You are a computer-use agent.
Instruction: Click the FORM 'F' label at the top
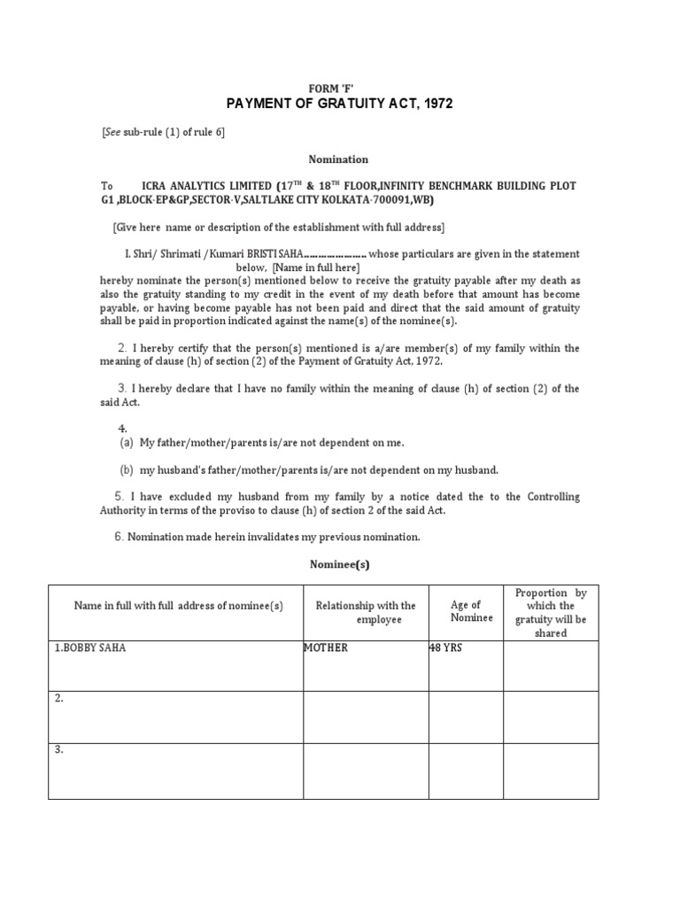[339, 89]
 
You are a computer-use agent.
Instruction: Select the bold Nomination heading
[338, 159]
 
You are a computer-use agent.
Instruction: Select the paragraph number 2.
[122, 348]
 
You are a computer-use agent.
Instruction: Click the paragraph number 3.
[122, 389]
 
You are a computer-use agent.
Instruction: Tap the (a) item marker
[127, 442]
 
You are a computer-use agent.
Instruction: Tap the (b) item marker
[127, 469]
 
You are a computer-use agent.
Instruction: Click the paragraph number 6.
[120, 537]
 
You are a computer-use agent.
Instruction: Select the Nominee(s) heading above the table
[338, 563]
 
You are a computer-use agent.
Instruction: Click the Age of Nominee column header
[466, 611]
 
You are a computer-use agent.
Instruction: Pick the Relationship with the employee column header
[366, 612]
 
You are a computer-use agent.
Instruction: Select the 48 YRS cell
[446, 648]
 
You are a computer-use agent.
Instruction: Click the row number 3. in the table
[59, 750]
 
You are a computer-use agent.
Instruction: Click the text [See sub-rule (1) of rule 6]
[164, 132]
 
